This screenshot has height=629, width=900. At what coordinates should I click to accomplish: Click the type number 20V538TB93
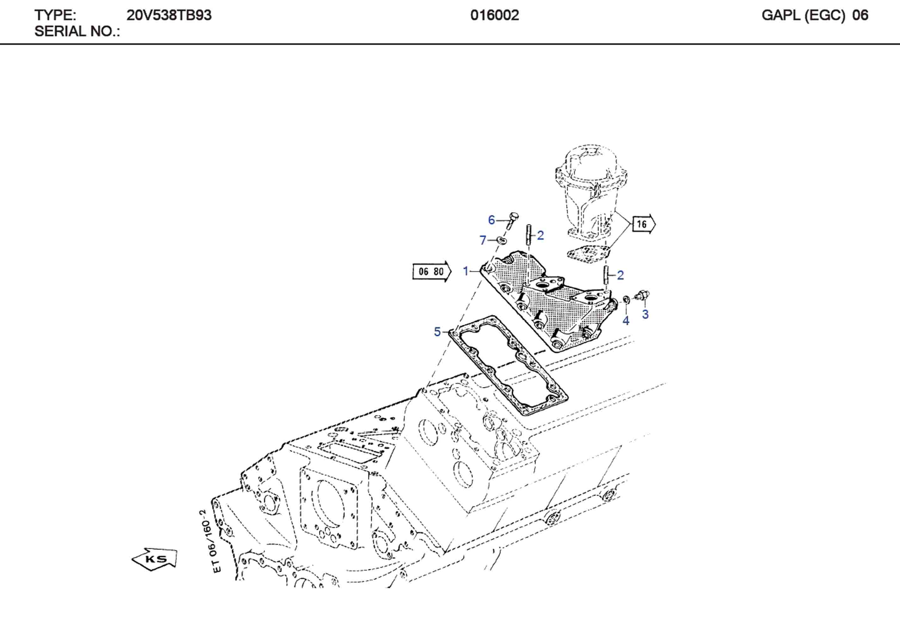[x=169, y=15]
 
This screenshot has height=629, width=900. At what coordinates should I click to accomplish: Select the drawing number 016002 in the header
[x=494, y=15]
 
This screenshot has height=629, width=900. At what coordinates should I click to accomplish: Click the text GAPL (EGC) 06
[x=815, y=15]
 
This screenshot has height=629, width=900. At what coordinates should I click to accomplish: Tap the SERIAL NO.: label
[x=77, y=31]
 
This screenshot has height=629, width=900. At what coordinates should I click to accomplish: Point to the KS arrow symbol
[x=155, y=559]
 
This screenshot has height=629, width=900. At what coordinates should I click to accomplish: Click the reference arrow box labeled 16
[x=643, y=224]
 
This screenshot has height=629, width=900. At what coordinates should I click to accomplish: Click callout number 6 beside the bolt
[x=491, y=220]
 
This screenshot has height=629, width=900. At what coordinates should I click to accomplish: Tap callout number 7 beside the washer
[x=483, y=240]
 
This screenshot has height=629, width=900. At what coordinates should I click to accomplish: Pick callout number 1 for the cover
[x=466, y=271]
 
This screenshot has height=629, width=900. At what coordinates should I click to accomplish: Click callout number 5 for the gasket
[x=437, y=332]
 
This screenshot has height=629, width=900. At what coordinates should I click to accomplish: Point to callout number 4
[x=626, y=321]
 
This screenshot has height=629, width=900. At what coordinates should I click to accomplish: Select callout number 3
[x=645, y=314]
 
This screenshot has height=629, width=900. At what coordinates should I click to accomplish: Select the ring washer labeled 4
[x=627, y=299]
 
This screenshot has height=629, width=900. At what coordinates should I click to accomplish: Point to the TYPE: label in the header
[x=55, y=15]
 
